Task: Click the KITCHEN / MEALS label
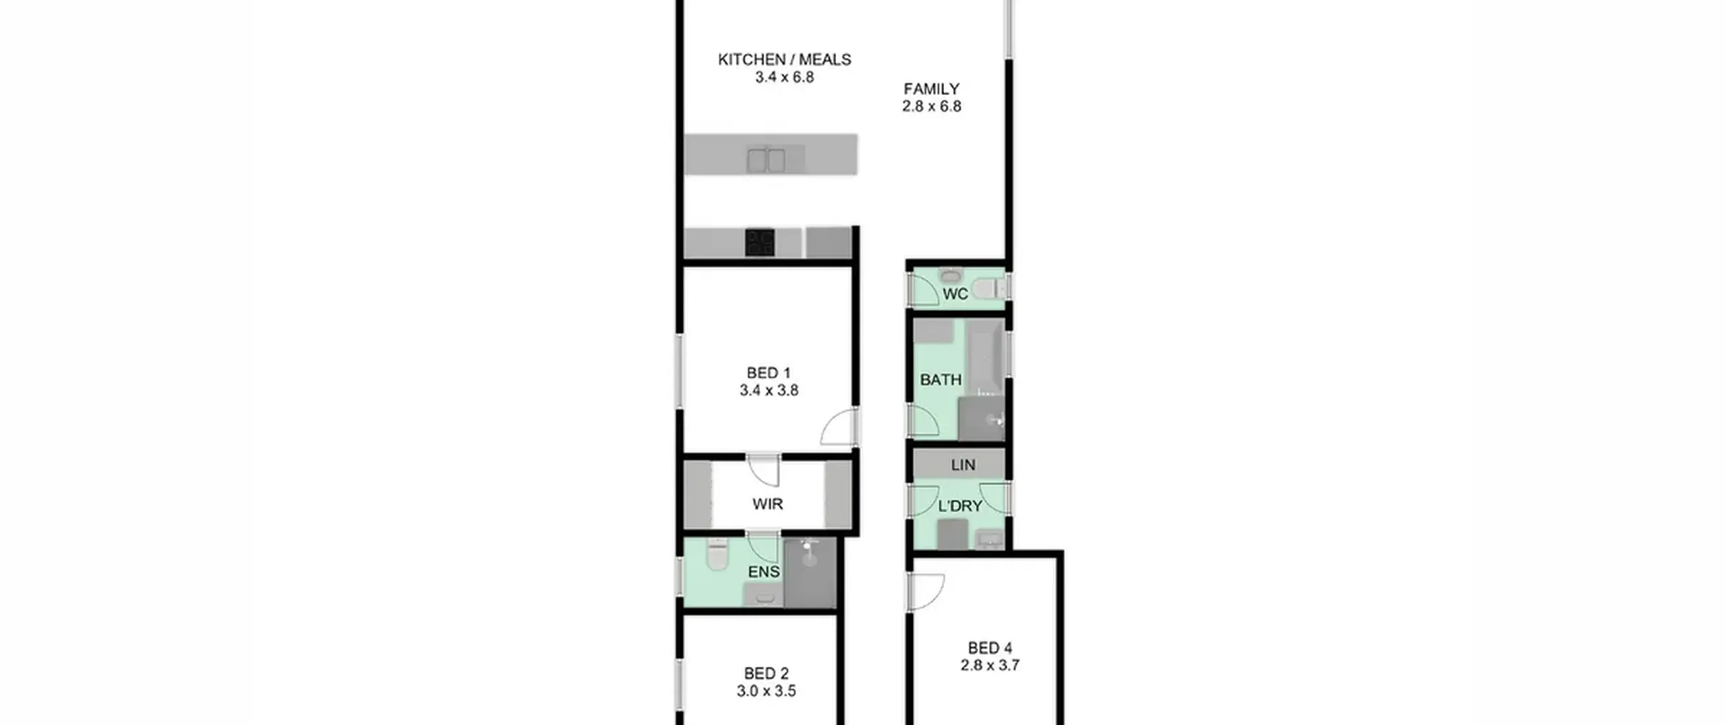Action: click(x=784, y=59)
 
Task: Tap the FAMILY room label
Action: click(x=931, y=89)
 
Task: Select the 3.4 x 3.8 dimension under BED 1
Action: click(x=769, y=390)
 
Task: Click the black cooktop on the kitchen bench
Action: click(x=759, y=243)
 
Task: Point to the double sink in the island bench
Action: click(x=766, y=161)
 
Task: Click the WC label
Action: click(x=955, y=294)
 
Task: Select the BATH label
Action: click(x=941, y=380)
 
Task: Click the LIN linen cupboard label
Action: click(x=963, y=465)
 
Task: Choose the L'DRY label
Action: click(x=960, y=506)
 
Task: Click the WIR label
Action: click(x=767, y=504)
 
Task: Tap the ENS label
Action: click(x=764, y=572)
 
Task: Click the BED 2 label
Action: click(x=766, y=673)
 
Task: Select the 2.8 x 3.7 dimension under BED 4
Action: click(x=990, y=665)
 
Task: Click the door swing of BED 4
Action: click(x=926, y=591)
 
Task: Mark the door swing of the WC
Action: click(x=923, y=290)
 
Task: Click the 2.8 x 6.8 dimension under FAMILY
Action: click(x=931, y=107)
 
